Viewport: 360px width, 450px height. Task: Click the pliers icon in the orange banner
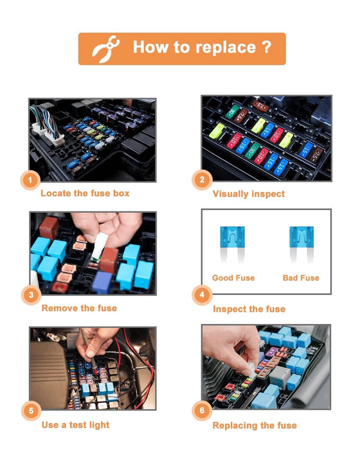pos(104,49)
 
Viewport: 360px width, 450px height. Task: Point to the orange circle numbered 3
pos(30,296)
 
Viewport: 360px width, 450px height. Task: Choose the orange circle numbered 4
pos(203,296)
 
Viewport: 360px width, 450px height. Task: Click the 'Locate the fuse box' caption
pos(85,193)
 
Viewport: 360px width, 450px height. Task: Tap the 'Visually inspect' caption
pos(248,194)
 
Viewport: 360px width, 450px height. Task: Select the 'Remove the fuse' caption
pos(79,308)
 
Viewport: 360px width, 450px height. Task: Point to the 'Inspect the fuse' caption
pos(249,309)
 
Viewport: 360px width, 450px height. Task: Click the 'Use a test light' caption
pos(75,424)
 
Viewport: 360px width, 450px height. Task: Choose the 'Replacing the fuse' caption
pos(255,425)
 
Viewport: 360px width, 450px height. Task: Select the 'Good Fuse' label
pos(233,278)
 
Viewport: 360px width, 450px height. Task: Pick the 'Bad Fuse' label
pos(301,278)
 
